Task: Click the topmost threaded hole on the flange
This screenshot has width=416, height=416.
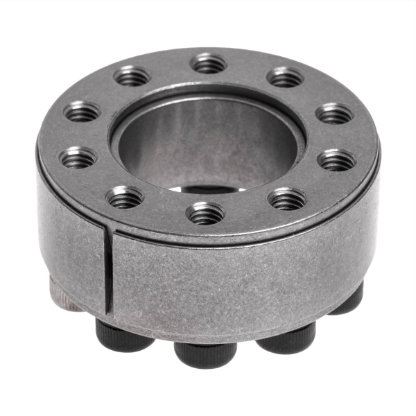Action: tap(209, 64)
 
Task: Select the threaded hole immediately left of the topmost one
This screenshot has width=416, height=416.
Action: tap(132, 76)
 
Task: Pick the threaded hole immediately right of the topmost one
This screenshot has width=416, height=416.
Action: tap(286, 76)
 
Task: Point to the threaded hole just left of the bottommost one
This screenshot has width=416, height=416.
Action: tap(125, 198)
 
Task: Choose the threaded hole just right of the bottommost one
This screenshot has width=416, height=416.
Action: tap(287, 200)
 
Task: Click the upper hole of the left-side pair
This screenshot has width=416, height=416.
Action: tap(83, 111)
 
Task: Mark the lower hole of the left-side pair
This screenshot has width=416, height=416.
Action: tap(78, 159)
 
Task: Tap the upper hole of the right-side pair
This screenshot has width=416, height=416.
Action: tap(336, 113)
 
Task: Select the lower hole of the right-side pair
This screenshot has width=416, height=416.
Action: tap(337, 160)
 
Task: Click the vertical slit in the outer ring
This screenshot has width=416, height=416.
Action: tap(108, 270)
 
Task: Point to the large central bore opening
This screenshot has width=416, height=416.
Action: tap(208, 142)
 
